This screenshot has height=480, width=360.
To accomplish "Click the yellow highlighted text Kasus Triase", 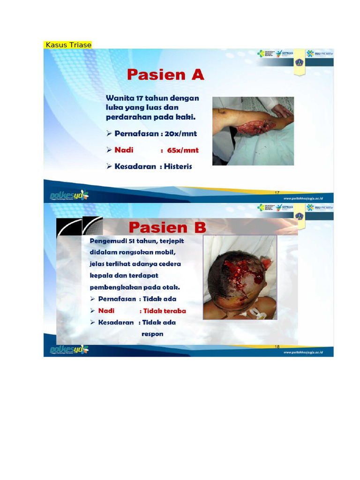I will [x=68, y=45].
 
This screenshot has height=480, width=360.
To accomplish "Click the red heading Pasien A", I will [x=165, y=75].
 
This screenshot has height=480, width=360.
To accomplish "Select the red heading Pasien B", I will [x=167, y=228].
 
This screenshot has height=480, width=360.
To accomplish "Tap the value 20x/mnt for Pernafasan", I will [x=181, y=134].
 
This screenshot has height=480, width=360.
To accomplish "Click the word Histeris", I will [x=178, y=166].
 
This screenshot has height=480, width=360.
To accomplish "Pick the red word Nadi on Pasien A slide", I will [x=124, y=150].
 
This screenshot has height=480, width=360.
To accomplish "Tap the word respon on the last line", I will [x=152, y=334].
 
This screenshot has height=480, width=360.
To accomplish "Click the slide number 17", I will [x=277, y=193].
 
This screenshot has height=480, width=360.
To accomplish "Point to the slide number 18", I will [x=277, y=347].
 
